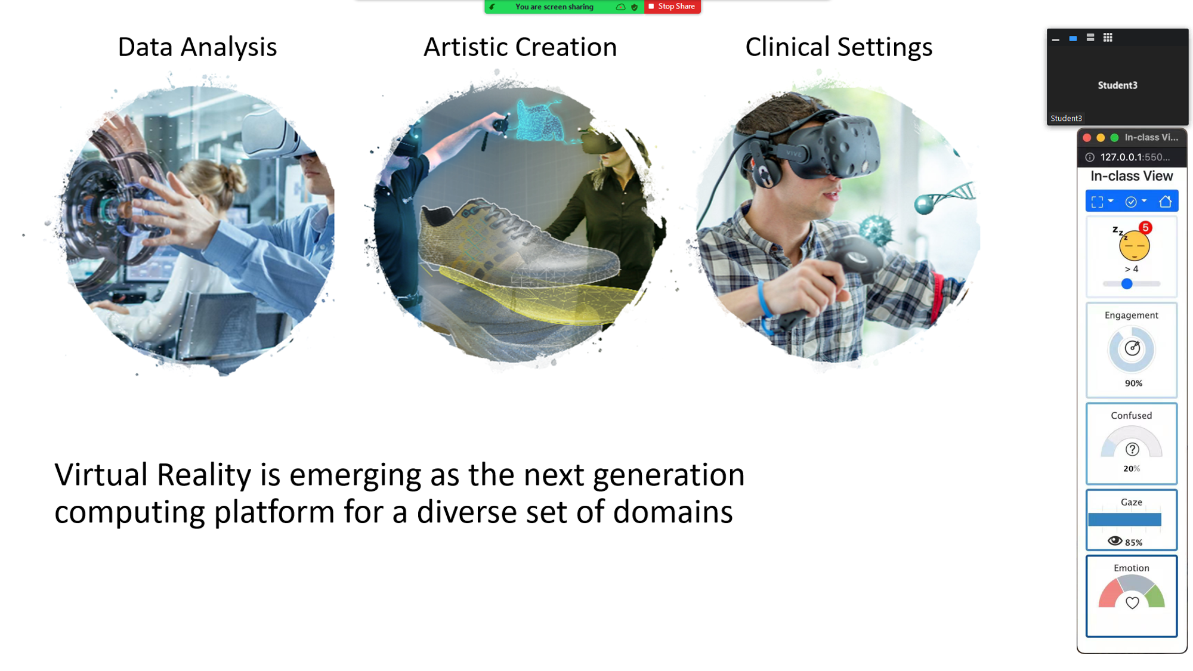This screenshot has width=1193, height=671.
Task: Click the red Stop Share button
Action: click(672, 7)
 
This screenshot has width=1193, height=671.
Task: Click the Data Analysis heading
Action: click(197, 47)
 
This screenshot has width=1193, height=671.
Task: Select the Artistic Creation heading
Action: click(520, 47)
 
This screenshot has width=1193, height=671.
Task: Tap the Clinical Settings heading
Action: click(839, 47)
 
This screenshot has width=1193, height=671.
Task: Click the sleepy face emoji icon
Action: click(1133, 245)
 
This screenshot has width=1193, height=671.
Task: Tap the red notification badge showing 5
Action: click(1145, 227)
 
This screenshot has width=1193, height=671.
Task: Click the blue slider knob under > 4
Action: click(1127, 284)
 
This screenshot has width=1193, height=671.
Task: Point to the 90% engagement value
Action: click(1133, 384)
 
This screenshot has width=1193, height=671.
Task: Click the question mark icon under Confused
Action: click(1132, 449)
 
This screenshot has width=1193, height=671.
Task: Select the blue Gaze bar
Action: click(1124, 520)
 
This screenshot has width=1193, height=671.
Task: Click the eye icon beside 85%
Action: click(1115, 541)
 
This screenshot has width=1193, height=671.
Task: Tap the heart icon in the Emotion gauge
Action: click(1132, 602)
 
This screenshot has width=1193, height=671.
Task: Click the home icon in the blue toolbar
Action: click(1165, 202)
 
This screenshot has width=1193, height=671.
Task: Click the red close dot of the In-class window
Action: click(1087, 138)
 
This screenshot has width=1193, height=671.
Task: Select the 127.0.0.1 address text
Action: click(1135, 157)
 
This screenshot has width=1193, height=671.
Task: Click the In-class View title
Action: click(1132, 176)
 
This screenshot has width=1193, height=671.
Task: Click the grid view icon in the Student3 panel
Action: click(1108, 38)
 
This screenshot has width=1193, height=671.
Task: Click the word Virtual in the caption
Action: click(101, 475)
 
